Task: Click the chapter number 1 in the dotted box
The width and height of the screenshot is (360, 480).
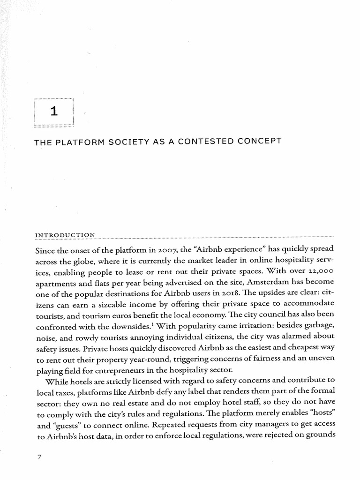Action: click(54, 112)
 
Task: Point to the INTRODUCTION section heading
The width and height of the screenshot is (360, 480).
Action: click(65, 234)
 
